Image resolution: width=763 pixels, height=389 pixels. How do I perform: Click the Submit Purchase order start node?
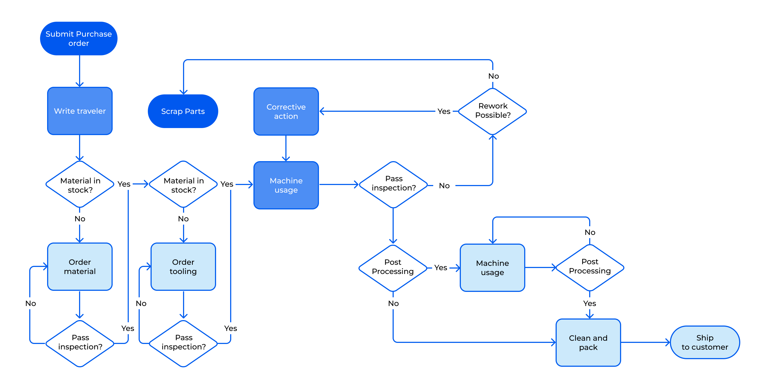pyautogui.click(x=79, y=39)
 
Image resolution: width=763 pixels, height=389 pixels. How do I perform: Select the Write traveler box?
pyautogui.click(x=80, y=111)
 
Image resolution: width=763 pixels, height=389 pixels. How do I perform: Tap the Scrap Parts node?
pyautogui.click(x=183, y=111)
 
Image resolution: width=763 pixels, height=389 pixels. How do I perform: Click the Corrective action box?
pyautogui.click(x=286, y=111)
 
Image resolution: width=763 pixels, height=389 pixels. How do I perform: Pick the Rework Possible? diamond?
pyautogui.click(x=493, y=111)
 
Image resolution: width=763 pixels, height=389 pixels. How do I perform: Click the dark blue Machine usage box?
pyautogui.click(x=286, y=185)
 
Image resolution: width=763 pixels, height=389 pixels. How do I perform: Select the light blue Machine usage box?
pyautogui.click(x=492, y=268)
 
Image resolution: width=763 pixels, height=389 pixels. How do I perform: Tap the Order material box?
pyautogui.click(x=80, y=266)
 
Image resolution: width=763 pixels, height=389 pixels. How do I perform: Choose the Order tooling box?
pyautogui.click(x=183, y=266)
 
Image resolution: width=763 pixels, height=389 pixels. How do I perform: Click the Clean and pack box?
pyautogui.click(x=588, y=342)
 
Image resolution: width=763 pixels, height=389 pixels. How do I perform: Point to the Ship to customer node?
pyautogui.click(x=704, y=342)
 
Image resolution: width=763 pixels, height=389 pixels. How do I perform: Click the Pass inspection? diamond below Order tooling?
pyautogui.click(x=183, y=343)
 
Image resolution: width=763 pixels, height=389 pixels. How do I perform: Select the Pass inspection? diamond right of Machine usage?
pyautogui.click(x=393, y=184)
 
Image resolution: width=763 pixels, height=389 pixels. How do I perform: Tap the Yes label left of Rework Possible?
pyautogui.click(x=444, y=111)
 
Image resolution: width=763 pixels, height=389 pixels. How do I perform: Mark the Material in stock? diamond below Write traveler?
pyautogui.click(x=80, y=184)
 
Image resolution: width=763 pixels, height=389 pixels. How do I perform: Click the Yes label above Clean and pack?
pyautogui.click(x=589, y=303)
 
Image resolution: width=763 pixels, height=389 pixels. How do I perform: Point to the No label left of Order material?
pyautogui.click(x=31, y=303)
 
